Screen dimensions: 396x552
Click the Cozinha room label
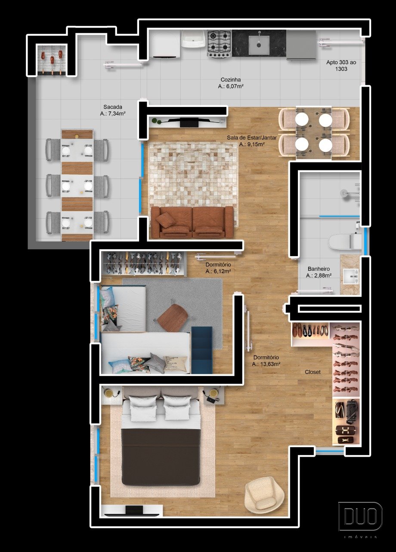point(230,80)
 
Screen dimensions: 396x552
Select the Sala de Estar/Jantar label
point(252,138)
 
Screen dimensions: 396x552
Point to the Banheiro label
point(319,269)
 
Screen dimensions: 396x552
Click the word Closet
point(312,372)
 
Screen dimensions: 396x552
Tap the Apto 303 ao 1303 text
point(341,66)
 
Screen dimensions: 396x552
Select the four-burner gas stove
point(220,44)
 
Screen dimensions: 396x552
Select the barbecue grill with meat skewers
point(52,59)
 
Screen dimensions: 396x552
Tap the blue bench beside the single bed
point(202,351)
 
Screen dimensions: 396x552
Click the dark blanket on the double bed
point(161,457)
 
